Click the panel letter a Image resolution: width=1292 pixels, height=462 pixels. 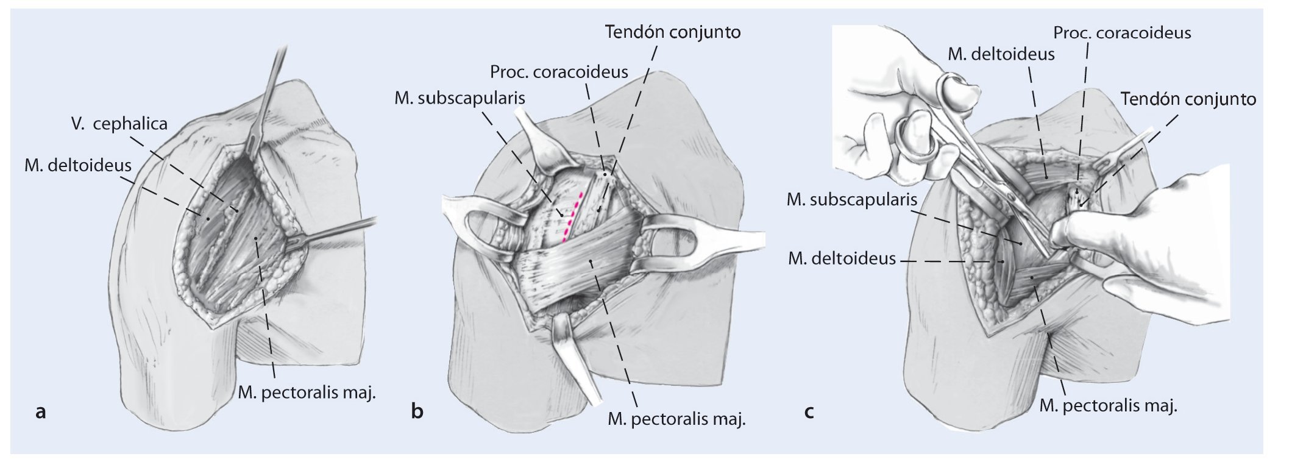41,413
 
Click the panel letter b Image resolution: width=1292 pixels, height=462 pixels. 417,413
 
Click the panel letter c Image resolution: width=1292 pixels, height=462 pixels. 809,413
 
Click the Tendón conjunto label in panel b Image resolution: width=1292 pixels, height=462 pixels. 673,32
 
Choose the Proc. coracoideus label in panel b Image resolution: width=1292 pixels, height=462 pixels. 559,73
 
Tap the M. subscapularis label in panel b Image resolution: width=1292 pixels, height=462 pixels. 460,98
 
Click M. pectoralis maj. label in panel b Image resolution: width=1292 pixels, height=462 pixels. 676,419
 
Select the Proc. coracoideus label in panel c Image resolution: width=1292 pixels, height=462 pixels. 1122,32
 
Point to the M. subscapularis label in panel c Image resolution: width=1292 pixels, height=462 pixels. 851,199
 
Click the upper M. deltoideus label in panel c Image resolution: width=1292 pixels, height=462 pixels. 1001,54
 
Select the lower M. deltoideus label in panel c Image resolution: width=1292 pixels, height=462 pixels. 842,259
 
